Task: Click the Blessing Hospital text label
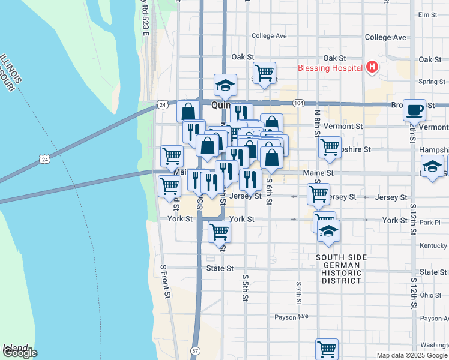330,68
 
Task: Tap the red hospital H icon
372,67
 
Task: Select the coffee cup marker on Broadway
414,110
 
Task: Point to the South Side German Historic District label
341,269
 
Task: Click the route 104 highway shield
298,103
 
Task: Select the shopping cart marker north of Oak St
264,73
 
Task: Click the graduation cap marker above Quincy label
226,85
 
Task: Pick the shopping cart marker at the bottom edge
327,348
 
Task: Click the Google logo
19,353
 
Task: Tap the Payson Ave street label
291,317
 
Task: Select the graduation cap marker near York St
328,231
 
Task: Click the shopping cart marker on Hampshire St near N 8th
330,147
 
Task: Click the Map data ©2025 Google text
411,355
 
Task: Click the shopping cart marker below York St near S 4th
220,231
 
